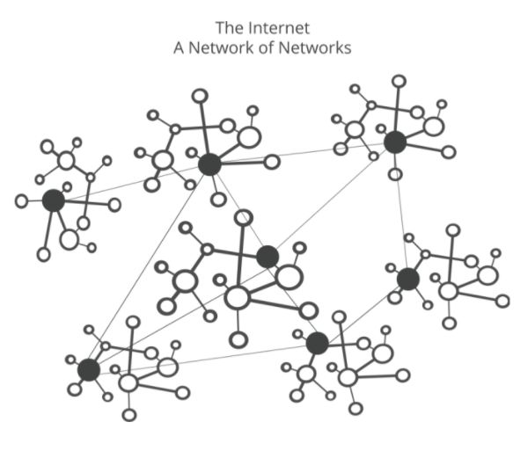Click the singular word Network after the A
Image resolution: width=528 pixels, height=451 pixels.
coord(220,47)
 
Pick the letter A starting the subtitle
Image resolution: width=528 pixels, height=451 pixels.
coord(180,47)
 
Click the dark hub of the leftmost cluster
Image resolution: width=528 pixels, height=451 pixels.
coord(54,200)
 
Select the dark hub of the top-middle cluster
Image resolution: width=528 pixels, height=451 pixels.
coord(209,164)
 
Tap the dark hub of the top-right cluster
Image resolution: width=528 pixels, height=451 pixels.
coord(395,142)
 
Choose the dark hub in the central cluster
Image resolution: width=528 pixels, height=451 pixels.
coord(268,257)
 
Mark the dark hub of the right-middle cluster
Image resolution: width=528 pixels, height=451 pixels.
coord(407,280)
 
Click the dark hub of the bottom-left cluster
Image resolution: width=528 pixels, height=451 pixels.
coord(88,370)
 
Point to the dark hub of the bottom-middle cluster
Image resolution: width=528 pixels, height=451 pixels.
coord(318,343)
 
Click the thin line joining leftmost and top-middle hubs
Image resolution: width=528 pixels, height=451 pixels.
coord(132,182)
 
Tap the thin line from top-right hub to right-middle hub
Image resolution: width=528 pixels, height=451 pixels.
coord(401,211)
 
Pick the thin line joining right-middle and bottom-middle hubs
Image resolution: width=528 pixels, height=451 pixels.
coord(363,311)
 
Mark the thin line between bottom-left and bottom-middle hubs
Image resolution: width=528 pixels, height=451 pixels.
coord(202,356)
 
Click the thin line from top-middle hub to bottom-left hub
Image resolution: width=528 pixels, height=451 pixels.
coord(149,267)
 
